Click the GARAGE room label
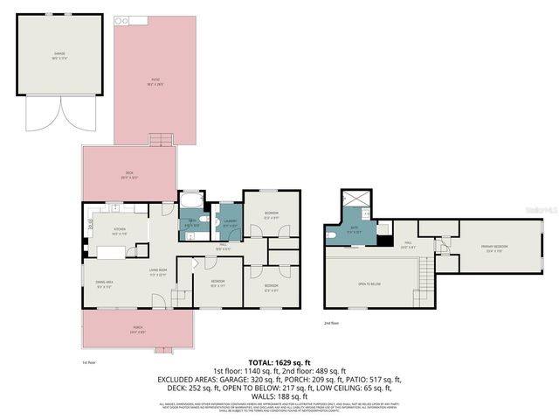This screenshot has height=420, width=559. pos(59,54)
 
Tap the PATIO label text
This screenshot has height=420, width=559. pos(155,80)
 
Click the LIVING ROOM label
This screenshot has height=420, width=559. pos(157,272)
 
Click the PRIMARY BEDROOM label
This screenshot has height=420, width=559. pos(493,248)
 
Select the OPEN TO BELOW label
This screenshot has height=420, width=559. pos(369,284)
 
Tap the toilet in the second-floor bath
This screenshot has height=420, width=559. pos(330,234)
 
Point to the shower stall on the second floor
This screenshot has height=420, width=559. pos(356,199)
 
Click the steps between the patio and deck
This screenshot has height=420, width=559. pos(159,141)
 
